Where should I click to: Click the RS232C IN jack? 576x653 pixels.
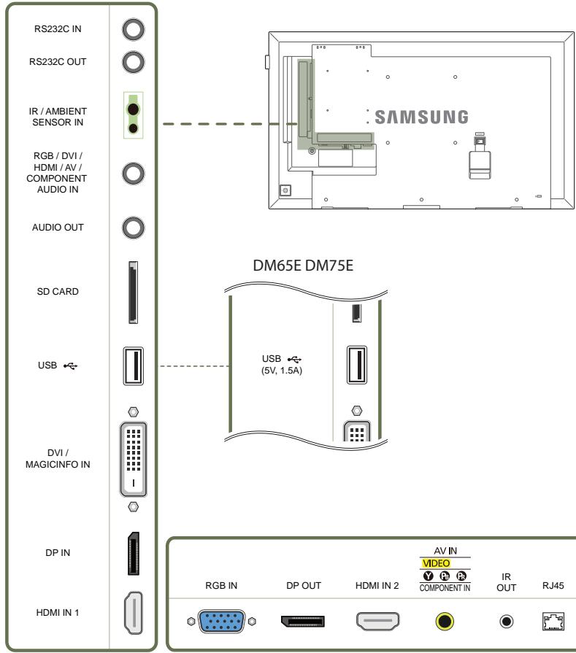(134, 30)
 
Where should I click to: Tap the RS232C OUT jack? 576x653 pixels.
(134, 62)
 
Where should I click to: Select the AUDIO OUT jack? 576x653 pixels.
(134, 228)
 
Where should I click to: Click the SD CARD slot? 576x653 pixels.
(133, 293)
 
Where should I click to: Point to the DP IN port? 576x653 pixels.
(133, 554)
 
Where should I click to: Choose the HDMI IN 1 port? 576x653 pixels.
(133, 613)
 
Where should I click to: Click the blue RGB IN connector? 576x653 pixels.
(221, 622)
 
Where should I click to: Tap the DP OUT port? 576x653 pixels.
(303, 621)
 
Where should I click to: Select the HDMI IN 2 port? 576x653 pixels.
(377, 622)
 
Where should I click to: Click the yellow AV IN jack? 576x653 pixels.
(445, 622)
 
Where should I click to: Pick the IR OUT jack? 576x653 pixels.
(507, 622)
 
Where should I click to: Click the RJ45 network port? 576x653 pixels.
(553, 622)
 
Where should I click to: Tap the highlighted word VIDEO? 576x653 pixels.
(436, 563)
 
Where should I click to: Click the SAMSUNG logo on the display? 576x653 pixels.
(421, 117)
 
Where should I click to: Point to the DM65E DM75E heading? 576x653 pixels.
(303, 266)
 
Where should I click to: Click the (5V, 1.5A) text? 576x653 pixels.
(282, 370)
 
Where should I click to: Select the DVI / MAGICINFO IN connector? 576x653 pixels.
(134, 459)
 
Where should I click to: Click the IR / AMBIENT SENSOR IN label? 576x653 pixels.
(58, 117)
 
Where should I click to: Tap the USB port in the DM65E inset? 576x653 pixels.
(357, 365)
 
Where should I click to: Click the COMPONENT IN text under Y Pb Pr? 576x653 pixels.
(445, 587)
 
